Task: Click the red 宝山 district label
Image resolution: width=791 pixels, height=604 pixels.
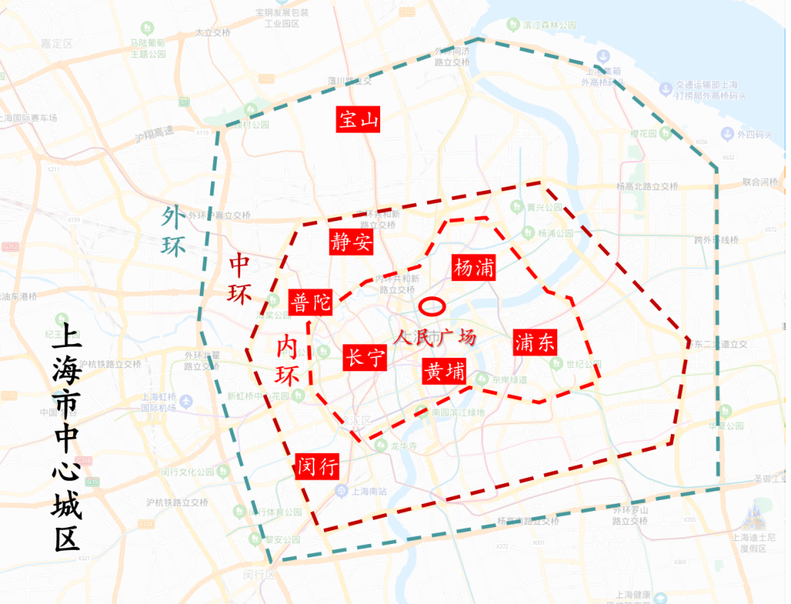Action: [359, 119]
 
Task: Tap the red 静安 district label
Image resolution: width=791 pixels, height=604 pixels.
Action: [352, 242]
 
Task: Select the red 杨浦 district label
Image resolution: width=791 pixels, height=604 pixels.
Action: [474, 268]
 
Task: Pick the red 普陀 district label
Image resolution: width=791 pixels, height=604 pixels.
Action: [311, 302]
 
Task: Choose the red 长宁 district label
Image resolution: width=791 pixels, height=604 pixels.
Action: [365, 358]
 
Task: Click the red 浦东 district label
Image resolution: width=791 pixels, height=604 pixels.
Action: [535, 342]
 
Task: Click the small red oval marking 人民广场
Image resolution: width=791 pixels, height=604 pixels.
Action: [431, 306]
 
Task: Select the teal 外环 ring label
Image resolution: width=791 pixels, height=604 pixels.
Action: [174, 231]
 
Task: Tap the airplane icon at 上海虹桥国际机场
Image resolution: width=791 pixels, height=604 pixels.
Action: [185, 401]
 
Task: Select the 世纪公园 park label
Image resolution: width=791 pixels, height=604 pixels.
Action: [583, 365]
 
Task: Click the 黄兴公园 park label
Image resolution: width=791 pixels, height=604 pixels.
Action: [544, 207]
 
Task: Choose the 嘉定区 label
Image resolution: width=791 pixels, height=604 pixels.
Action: [57, 44]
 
